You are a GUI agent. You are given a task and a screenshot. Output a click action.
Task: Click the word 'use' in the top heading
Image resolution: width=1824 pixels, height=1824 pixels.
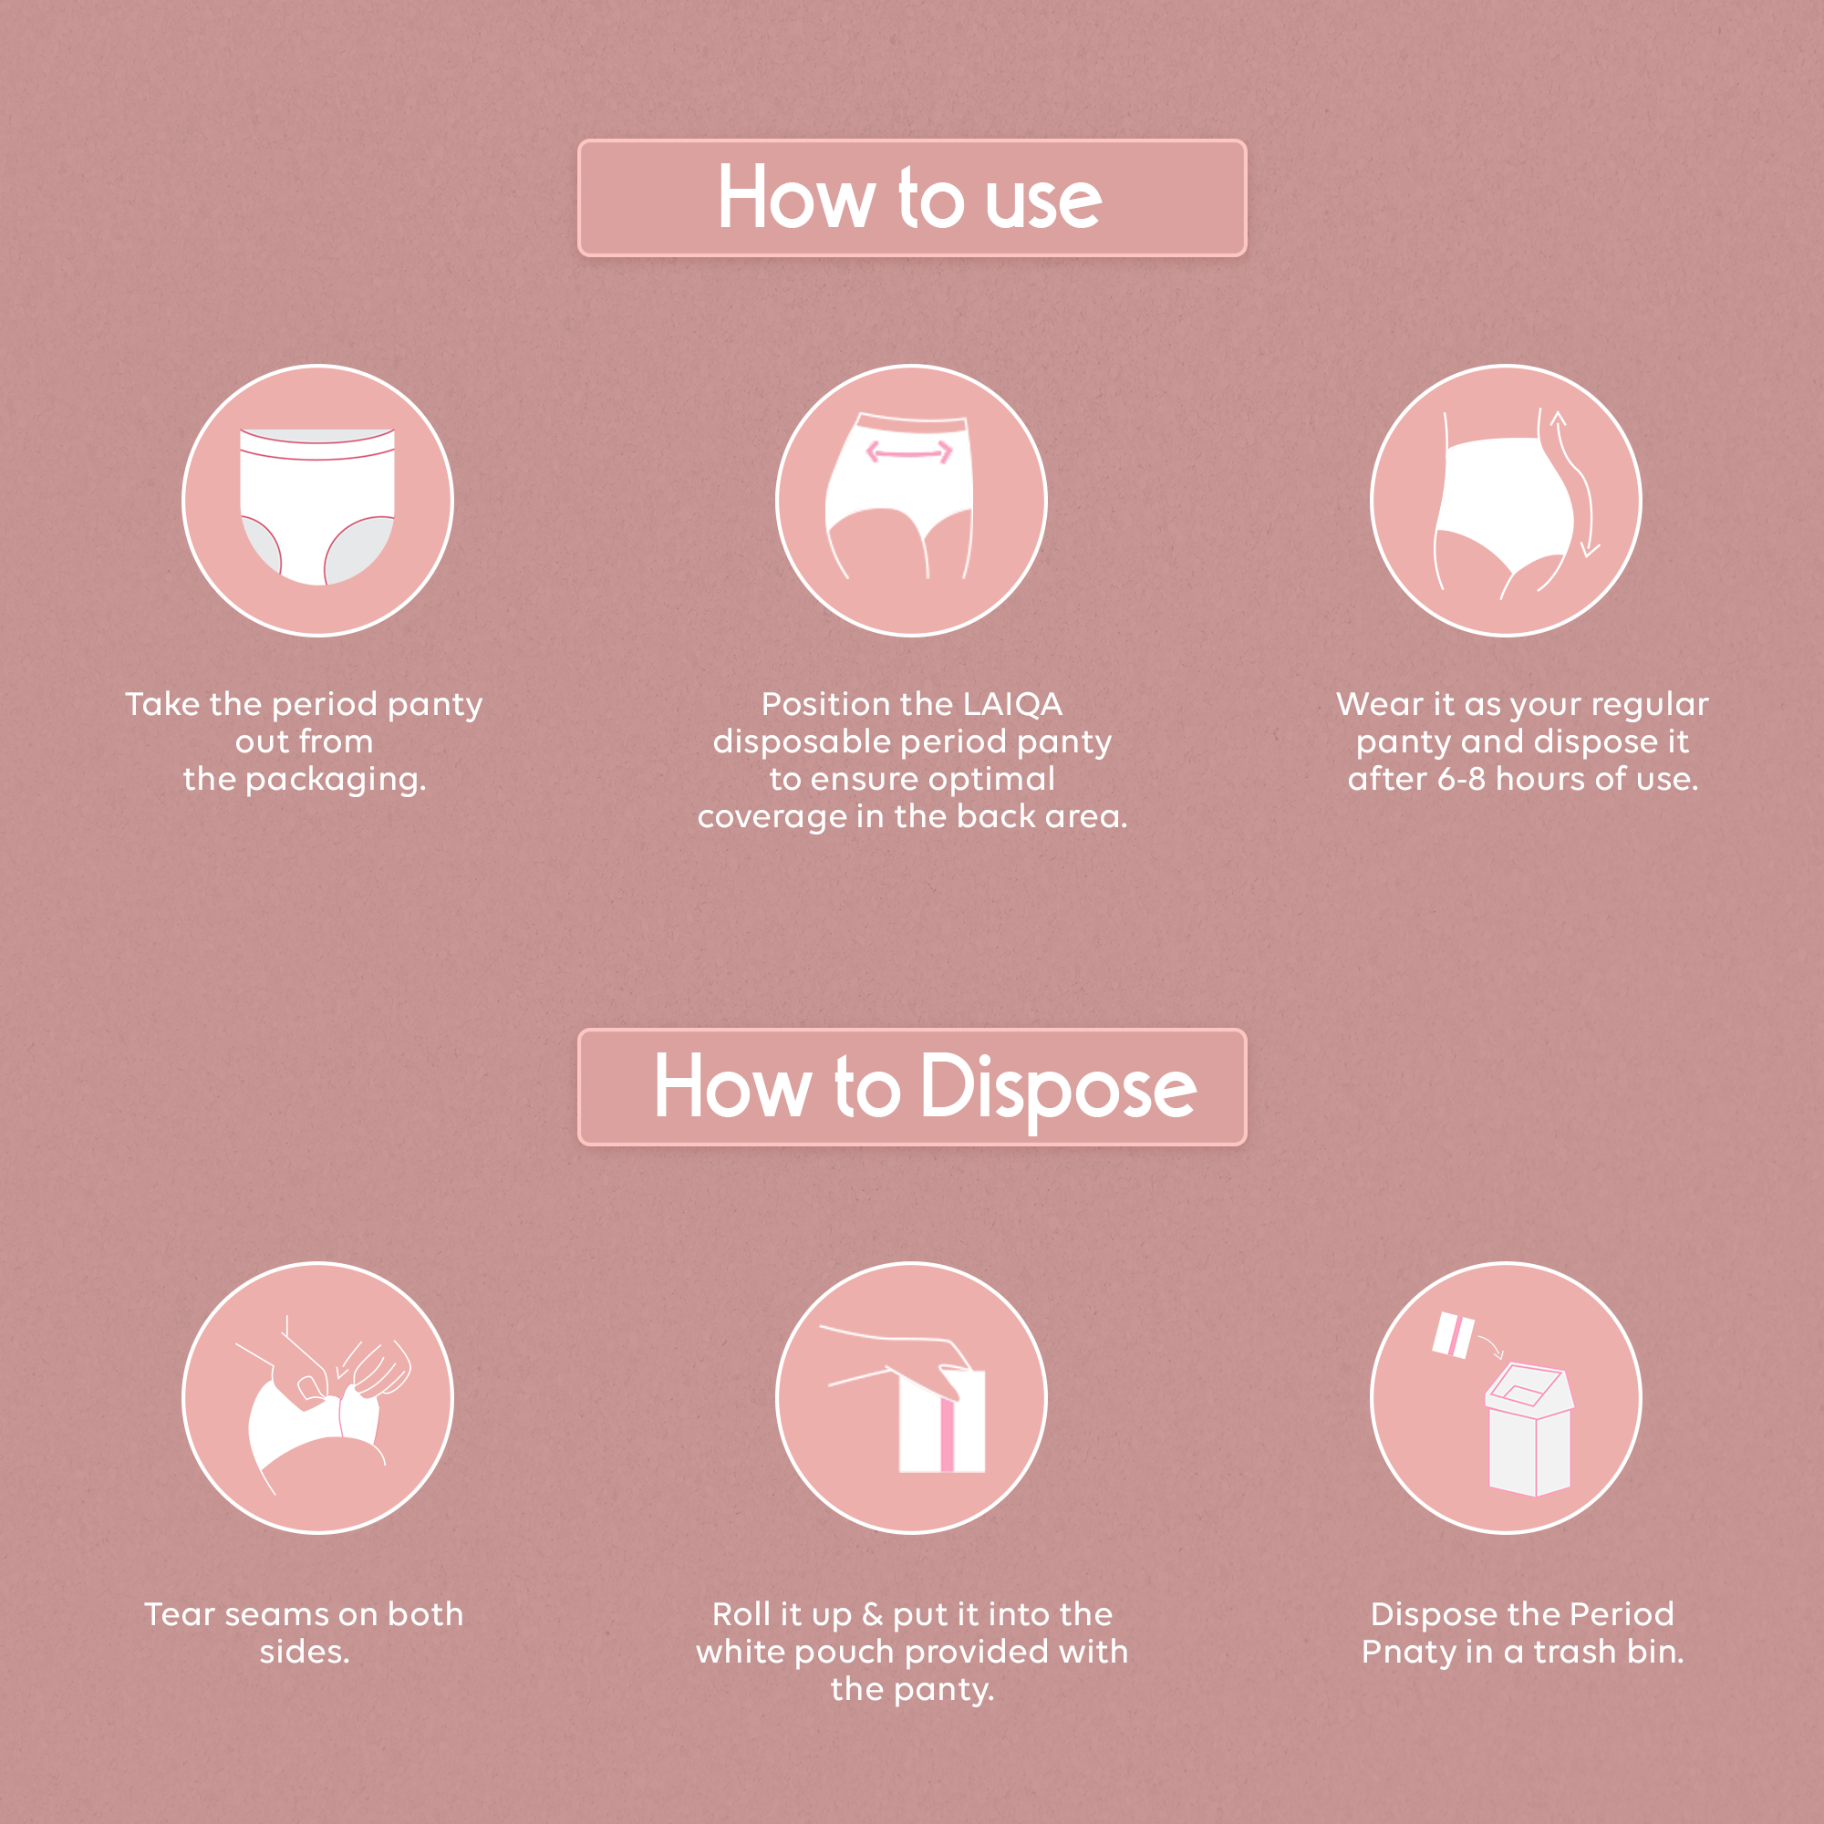(x=1043, y=201)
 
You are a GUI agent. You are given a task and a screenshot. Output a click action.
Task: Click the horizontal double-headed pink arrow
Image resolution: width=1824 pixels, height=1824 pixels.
(x=909, y=453)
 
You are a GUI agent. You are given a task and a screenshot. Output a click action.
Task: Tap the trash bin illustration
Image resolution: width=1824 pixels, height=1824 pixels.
(x=1529, y=1430)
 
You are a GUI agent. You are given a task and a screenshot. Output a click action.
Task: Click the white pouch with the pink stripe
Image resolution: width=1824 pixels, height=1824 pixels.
(x=942, y=1422)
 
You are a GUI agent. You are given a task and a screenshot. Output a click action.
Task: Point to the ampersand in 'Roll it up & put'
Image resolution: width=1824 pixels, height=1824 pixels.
(x=873, y=1614)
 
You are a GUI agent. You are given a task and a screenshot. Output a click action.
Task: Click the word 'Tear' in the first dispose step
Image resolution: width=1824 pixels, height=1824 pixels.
(x=181, y=1614)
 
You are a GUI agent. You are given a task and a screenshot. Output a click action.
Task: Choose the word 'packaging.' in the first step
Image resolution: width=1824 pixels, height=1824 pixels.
(x=337, y=780)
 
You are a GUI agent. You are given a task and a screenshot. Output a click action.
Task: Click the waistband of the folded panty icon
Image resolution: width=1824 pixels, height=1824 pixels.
(x=317, y=444)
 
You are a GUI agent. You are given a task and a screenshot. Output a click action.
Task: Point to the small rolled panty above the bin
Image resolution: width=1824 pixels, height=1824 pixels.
(x=1453, y=1335)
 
